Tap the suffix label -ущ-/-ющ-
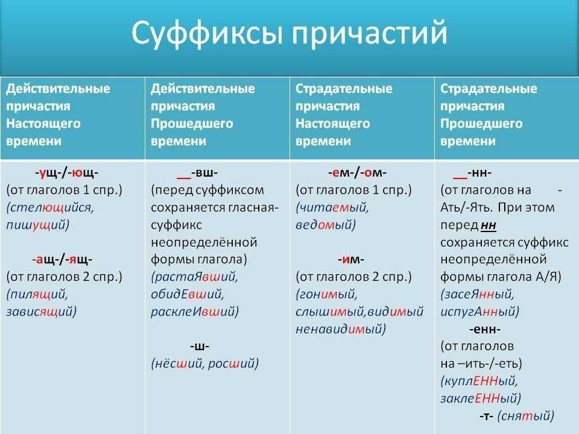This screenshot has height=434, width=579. coord(67,173)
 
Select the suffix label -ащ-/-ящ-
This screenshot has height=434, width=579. coord(62,260)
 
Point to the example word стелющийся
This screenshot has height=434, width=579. coord(50,208)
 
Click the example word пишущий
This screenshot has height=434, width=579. coord(37,225)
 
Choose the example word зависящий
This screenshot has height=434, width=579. coord(42,312)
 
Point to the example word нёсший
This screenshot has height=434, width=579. coord(177,364)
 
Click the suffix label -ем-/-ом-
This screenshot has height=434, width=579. coord(357,173)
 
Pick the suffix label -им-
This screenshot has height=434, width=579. coord(351,260)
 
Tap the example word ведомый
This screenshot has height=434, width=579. coord(326,225)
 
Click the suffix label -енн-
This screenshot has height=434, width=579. coord(485,329)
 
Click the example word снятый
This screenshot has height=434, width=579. coord(526,417)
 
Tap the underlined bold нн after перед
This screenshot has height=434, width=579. coord(489,225)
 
